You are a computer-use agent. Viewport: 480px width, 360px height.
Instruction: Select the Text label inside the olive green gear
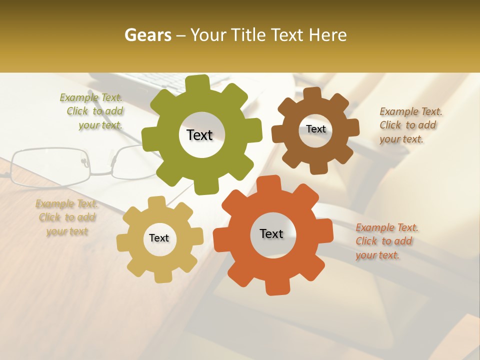point(199,135)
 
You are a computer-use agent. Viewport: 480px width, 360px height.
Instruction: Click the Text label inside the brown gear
point(315,129)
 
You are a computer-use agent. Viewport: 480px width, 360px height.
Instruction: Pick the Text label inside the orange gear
point(271,233)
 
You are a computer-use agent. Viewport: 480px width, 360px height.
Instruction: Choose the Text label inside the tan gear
point(159,238)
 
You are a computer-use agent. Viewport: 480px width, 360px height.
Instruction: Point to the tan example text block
point(67,217)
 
